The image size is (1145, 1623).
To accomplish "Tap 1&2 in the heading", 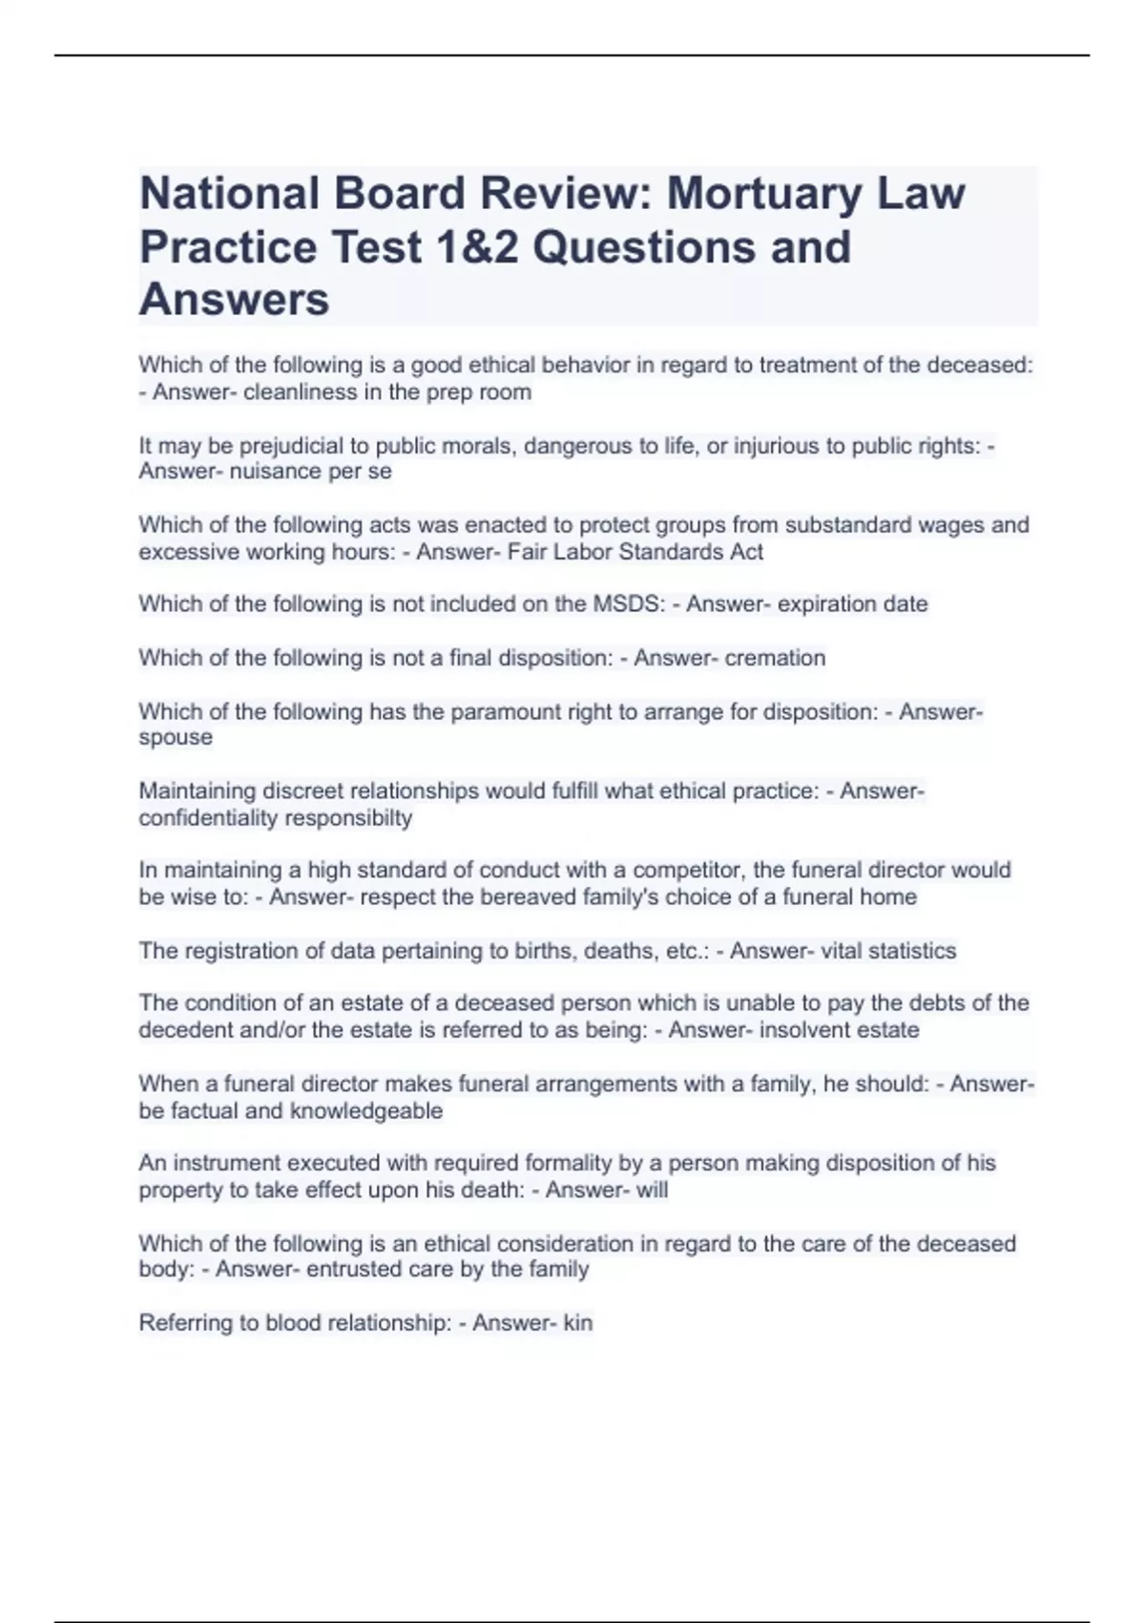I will pyautogui.click(x=471, y=247).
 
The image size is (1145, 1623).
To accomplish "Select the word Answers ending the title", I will pyautogui.click(x=235, y=300).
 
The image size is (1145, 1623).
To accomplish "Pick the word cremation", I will pyautogui.click(x=775, y=658).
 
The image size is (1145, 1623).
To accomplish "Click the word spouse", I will pyautogui.click(x=176, y=738).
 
